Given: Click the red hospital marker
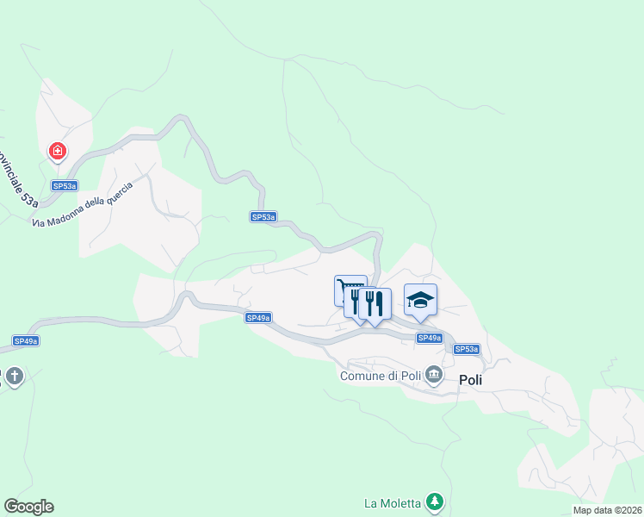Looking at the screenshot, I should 58,153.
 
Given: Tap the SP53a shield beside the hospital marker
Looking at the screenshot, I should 65,185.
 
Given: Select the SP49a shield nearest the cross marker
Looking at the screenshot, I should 26,341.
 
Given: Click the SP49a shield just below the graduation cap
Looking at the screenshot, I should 430,338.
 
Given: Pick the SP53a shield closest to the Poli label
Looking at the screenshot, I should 466,349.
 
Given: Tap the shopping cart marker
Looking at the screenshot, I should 350,288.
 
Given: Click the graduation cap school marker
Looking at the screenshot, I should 420,299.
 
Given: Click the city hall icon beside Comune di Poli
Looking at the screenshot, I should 434,375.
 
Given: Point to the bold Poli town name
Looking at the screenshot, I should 471,379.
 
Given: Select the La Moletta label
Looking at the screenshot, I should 392,503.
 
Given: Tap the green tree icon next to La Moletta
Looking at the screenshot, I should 436,501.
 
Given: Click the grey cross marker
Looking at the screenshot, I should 14,377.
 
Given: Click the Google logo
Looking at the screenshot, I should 29,507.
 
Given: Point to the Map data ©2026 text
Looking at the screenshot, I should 606,510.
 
